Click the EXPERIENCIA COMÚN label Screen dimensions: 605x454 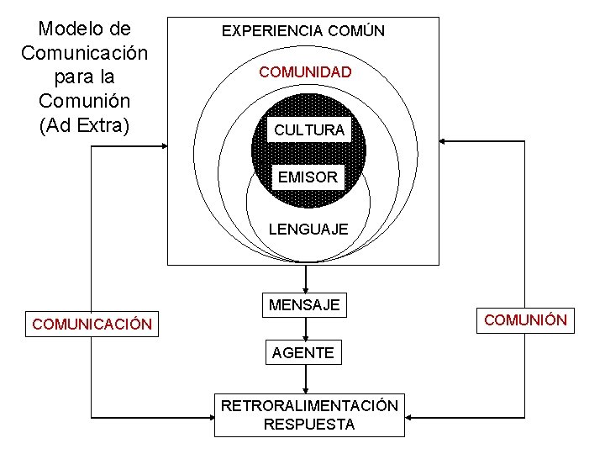[302, 31]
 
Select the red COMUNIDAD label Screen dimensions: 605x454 [305, 72]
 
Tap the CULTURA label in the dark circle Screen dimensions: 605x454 [308, 130]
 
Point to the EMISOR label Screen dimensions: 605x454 [308, 177]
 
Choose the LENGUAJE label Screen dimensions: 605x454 [308, 229]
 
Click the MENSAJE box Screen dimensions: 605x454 [304, 305]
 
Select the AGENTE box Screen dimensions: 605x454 [302, 353]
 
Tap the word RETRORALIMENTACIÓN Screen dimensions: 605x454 [309, 406]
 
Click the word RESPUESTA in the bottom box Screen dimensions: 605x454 [309, 425]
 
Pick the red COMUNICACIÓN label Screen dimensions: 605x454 [92, 325]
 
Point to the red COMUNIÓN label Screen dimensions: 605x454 [526, 320]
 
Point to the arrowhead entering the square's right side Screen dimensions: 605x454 [445, 141]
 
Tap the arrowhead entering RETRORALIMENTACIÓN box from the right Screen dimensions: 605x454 [410, 415]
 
